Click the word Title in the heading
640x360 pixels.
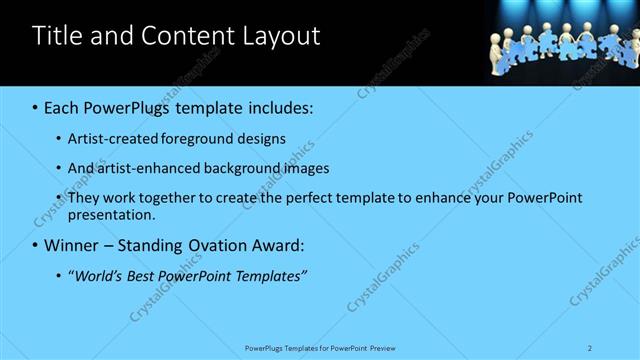[x=58, y=36]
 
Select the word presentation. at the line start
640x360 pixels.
[x=112, y=214]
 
